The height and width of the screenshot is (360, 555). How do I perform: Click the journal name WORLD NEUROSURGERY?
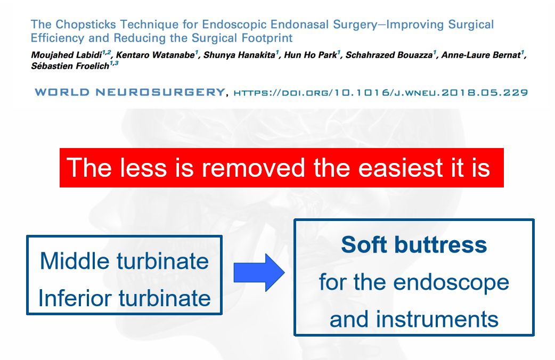pos(129,93)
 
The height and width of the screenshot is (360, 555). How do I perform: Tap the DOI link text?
pos(381,93)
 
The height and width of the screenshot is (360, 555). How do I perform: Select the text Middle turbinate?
pos(124,261)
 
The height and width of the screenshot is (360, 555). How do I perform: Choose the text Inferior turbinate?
pos(124,298)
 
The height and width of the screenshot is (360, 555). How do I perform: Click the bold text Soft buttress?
pos(414,245)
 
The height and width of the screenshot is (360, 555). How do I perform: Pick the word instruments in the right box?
pos(437,319)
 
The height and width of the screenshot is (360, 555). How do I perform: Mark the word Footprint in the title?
pos(266,38)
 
